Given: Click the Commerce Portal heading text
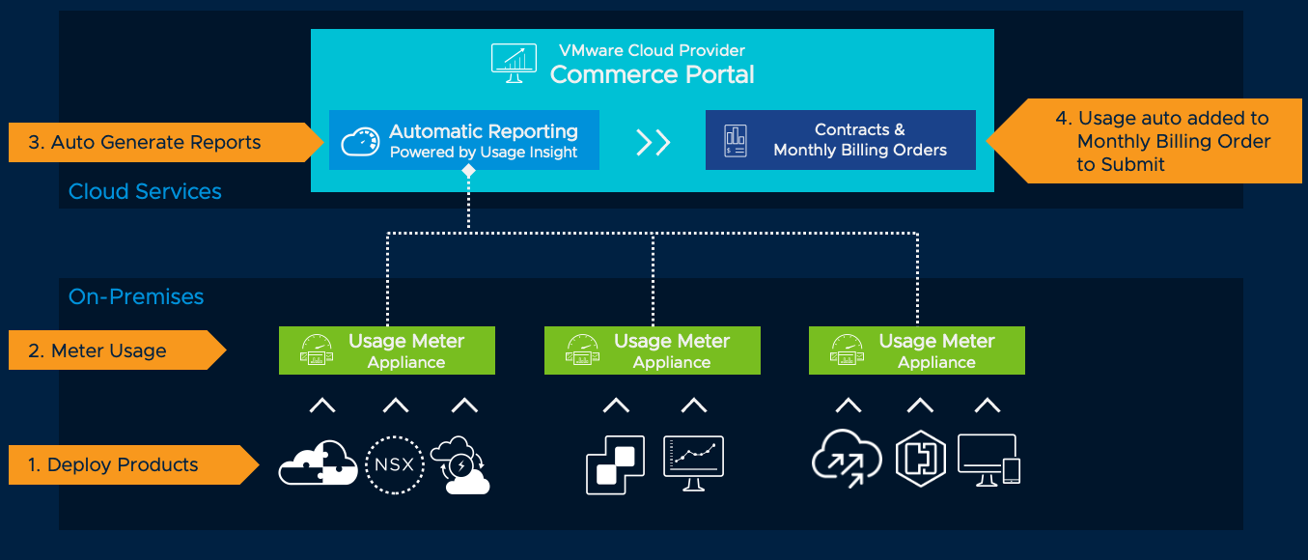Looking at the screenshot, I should (x=652, y=74).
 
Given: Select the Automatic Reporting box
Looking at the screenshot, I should (x=463, y=140).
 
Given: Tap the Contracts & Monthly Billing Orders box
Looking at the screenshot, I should (x=840, y=140).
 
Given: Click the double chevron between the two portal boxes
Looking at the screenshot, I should (x=653, y=142).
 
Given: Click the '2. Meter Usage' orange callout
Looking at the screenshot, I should (x=106, y=350).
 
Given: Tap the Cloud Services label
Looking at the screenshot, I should (x=145, y=191).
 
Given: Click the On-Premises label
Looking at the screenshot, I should (x=136, y=296).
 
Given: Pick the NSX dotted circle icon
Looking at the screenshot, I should (x=394, y=464).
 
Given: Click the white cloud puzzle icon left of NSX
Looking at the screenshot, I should (x=317, y=463).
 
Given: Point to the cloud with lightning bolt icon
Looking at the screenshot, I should (x=460, y=465).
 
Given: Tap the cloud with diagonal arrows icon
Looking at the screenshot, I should (x=847, y=459).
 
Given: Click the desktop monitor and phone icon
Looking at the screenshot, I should (x=988, y=461).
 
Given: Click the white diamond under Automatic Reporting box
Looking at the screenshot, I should (x=468, y=171).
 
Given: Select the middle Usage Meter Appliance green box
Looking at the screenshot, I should (x=652, y=350).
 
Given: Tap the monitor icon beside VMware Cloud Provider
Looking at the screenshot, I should (x=514, y=63).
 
